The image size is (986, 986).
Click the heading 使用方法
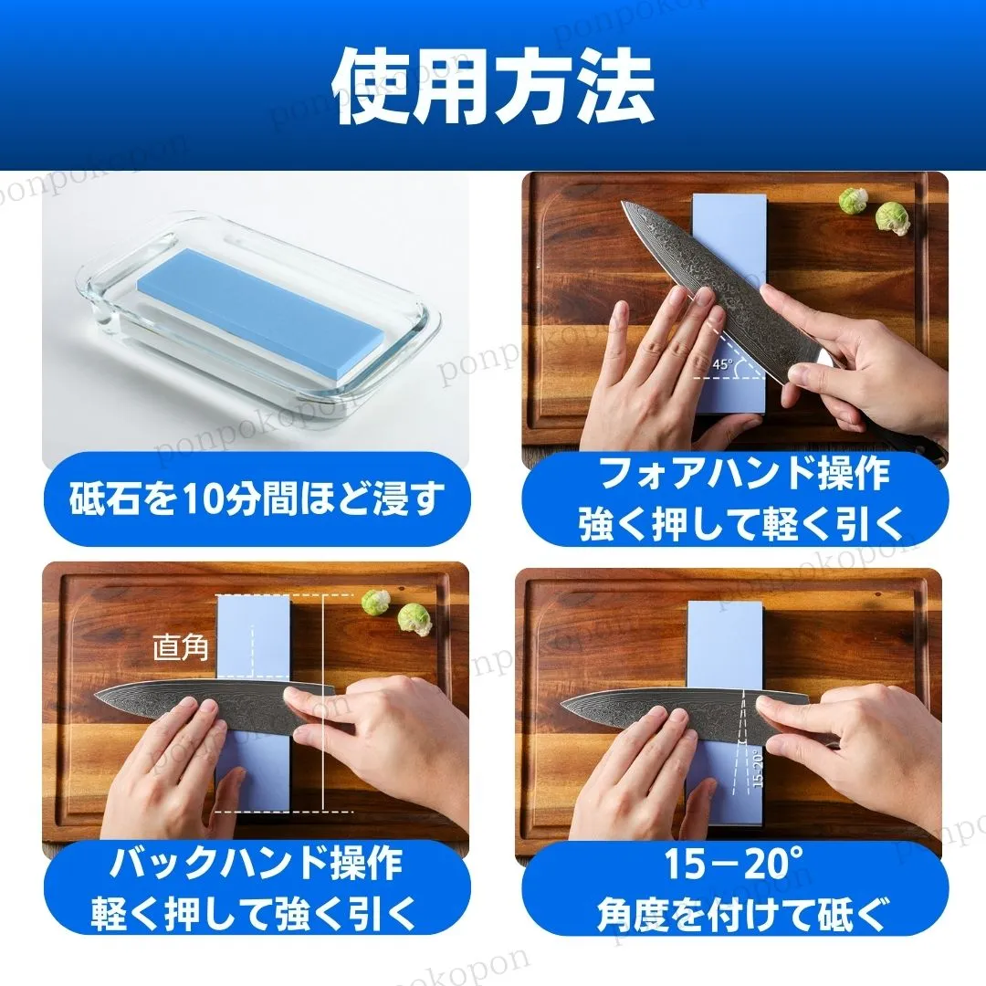(493, 86)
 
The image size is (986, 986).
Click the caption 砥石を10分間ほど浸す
(257, 498)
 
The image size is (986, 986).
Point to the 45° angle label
(723, 363)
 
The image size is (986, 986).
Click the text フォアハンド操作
(744, 474)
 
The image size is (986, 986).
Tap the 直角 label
(181, 647)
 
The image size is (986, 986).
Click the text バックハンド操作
(256, 864)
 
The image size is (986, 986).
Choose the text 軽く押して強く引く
(254, 912)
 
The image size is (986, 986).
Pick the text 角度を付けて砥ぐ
(744, 913)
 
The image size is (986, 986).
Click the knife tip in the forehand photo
(622, 203)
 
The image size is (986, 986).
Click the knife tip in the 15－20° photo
(561, 704)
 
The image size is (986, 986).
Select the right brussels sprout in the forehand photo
(892, 218)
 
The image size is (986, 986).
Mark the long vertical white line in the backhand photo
(323, 702)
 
